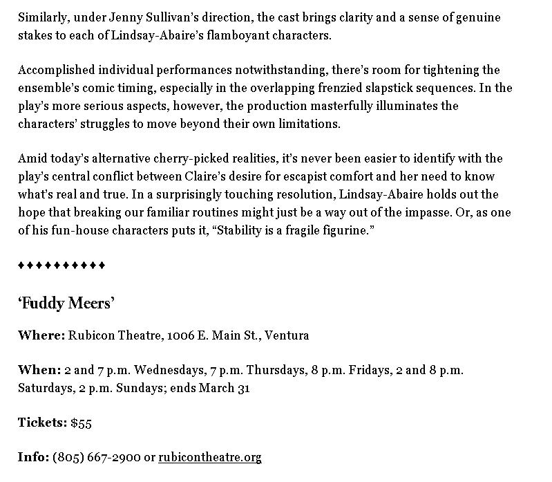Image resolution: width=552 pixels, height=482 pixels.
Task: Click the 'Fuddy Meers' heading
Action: pyautogui.click(x=66, y=303)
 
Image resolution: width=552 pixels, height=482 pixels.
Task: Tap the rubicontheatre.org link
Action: pyautogui.click(x=210, y=457)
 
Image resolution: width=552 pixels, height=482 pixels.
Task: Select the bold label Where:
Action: pyautogui.click(x=41, y=335)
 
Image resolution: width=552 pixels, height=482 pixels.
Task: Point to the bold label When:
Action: pyautogui.click(x=39, y=370)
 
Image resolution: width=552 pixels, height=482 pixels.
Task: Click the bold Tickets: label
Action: pyautogui.click(x=42, y=423)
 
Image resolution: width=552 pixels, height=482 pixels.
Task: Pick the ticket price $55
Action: pyautogui.click(x=81, y=423)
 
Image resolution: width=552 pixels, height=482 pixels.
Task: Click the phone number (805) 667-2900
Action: pyautogui.click(x=96, y=457)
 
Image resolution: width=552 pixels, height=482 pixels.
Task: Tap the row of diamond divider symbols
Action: pyautogui.click(x=61, y=266)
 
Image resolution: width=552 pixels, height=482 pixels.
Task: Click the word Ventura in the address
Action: pyautogui.click(x=286, y=335)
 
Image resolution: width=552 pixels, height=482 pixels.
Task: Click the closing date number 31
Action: pyautogui.click(x=242, y=387)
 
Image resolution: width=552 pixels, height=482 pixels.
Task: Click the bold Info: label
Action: pyautogui.click(x=33, y=457)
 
